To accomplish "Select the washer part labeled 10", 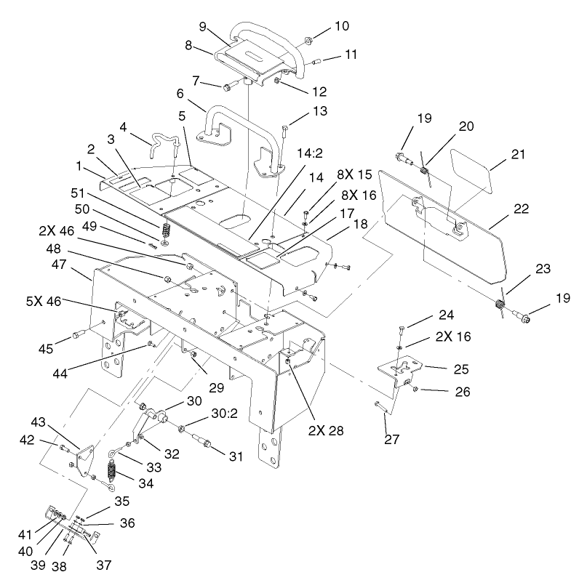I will tap(307, 37).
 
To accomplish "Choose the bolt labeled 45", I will tap(77, 336).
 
